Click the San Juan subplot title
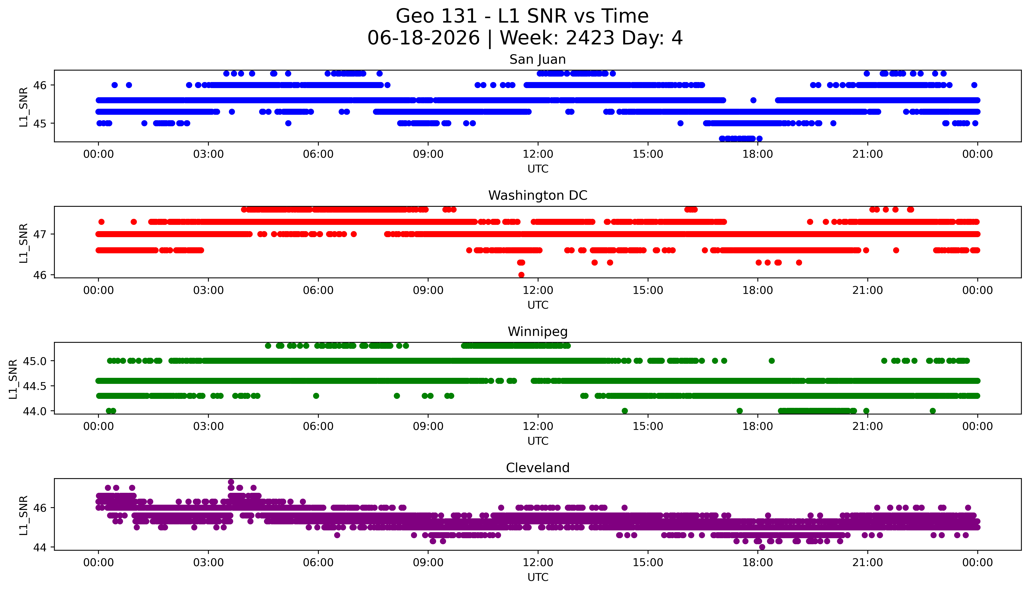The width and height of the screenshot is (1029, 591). [x=538, y=60]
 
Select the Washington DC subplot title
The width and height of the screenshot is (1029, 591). [x=538, y=196]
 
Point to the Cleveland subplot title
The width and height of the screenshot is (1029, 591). [x=538, y=468]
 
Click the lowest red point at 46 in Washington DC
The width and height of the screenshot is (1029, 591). [x=521, y=275]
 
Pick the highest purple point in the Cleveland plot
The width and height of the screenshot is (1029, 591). [x=231, y=482]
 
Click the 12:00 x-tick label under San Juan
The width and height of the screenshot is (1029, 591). [x=538, y=154]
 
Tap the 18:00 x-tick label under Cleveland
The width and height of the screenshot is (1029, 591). [x=758, y=563]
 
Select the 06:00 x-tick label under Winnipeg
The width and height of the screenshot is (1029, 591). [x=318, y=427]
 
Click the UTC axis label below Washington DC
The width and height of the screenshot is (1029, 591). [x=538, y=305]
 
